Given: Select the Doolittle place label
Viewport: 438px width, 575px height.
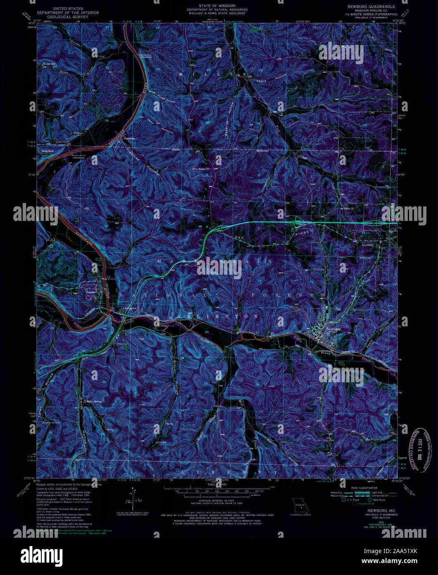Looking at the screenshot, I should click(367, 245).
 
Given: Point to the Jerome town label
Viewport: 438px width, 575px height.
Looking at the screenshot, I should click(91, 292).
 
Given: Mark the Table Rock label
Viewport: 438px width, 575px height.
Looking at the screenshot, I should click(48, 151).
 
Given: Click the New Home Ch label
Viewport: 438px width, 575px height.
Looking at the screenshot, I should click(202, 169).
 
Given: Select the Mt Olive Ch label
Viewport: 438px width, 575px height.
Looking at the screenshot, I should click(347, 208).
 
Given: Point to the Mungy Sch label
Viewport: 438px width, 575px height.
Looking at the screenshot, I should click(49, 64).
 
